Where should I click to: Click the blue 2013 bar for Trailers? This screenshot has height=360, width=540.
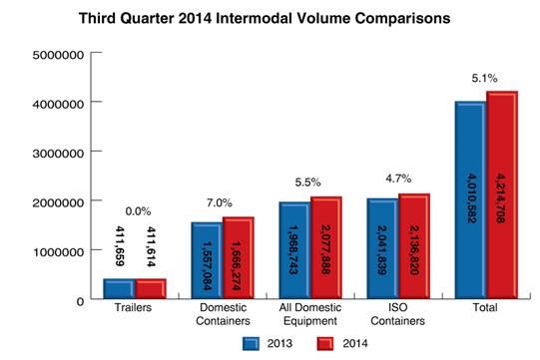[119, 289]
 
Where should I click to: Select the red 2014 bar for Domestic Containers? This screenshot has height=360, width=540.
[239, 257]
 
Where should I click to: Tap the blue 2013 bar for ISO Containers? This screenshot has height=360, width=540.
[382, 248]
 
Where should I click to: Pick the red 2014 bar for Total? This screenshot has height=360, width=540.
[502, 194]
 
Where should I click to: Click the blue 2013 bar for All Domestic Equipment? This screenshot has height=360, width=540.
[294, 250]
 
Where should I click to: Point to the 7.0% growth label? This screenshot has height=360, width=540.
[220, 203]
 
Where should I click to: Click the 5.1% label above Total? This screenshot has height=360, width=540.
[484, 78]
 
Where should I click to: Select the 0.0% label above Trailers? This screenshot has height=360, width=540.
[138, 211]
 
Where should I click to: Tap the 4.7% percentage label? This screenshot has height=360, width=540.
[398, 179]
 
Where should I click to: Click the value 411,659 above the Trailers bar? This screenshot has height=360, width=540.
[119, 246]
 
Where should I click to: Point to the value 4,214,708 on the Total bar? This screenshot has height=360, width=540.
[501, 198]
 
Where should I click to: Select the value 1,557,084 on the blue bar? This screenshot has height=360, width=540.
[207, 265]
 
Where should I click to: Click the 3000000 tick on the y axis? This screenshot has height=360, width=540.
[58, 154]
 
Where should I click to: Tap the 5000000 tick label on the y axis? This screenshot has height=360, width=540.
[58, 55]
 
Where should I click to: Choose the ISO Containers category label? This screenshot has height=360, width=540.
[398, 314]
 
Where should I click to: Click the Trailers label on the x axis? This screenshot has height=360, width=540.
[133, 307]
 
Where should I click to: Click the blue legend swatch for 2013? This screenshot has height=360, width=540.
[251, 343]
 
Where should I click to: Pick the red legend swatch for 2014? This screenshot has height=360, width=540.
[325, 343]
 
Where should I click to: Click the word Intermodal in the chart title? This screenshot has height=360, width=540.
[254, 18]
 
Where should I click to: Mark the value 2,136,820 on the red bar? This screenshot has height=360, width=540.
[414, 250]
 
